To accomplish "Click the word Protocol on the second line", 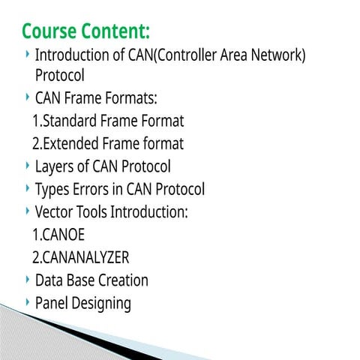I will pyautogui.click(x=60, y=76).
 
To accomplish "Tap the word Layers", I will pyautogui.click(x=55, y=166).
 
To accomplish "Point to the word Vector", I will pyautogui.click(x=55, y=212).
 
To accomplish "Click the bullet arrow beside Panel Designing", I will pyautogui.click(x=28, y=302).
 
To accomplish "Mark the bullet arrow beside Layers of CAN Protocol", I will pyautogui.click(x=28, y=164).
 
